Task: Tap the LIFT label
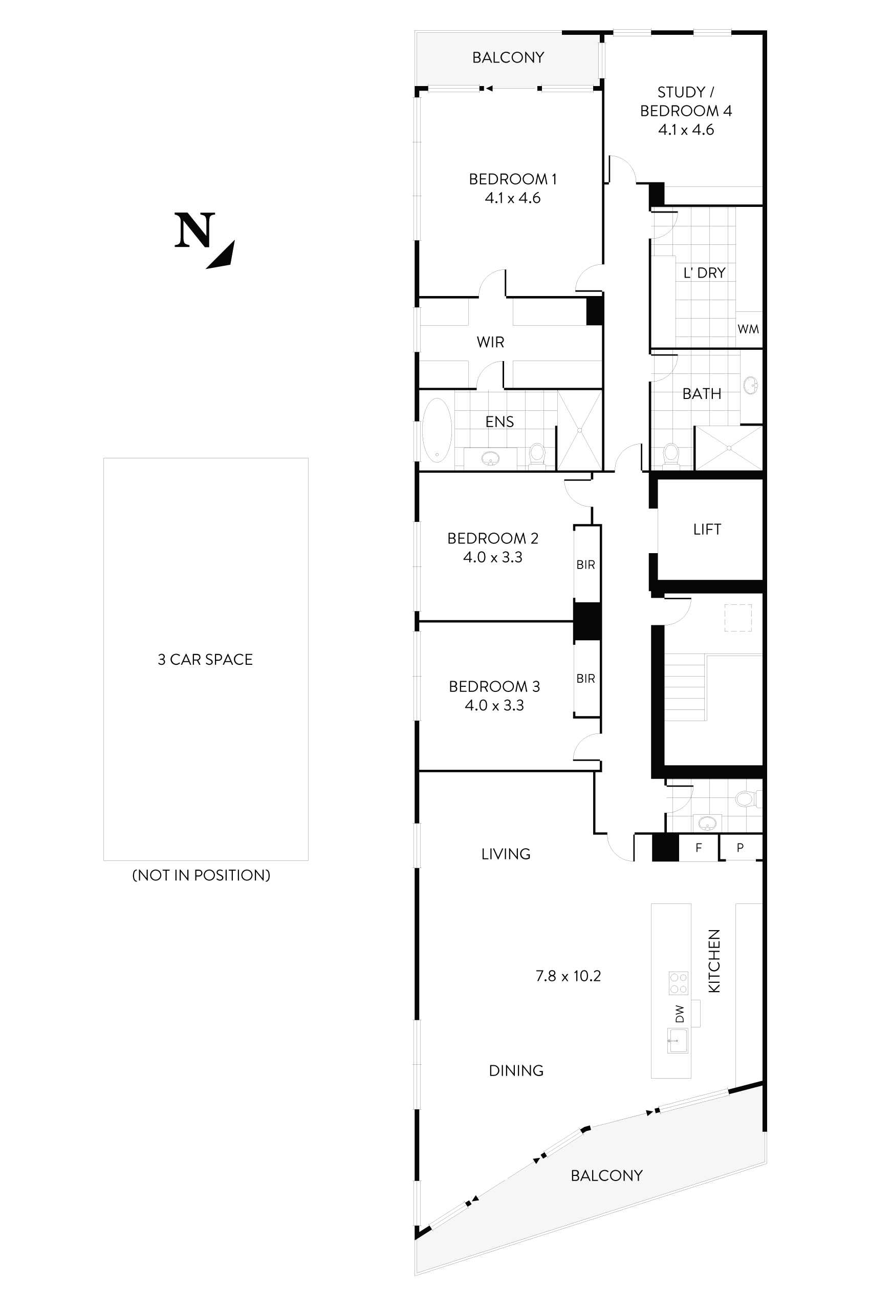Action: tap(707, 529)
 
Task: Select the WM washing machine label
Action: tap(748, 329)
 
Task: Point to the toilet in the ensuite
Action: tap(536, 452)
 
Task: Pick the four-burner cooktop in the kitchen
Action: tap(679, 983)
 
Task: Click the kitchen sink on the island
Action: tap(677, 1040)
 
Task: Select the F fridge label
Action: tap(699, 848)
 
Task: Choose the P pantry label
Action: tap(740, 848)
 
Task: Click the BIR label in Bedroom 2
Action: tap(585, 565)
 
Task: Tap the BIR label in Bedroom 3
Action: tap(585, 679)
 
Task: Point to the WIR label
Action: tap(490, 342)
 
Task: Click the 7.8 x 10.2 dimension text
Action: tap(568, 976)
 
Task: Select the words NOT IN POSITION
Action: tap(202, 876)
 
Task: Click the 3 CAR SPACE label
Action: tap(205, 660)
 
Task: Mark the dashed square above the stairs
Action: tap(737, 618)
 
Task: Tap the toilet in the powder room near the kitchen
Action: tap(745, 799)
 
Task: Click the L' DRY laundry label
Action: tap(704, 272)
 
